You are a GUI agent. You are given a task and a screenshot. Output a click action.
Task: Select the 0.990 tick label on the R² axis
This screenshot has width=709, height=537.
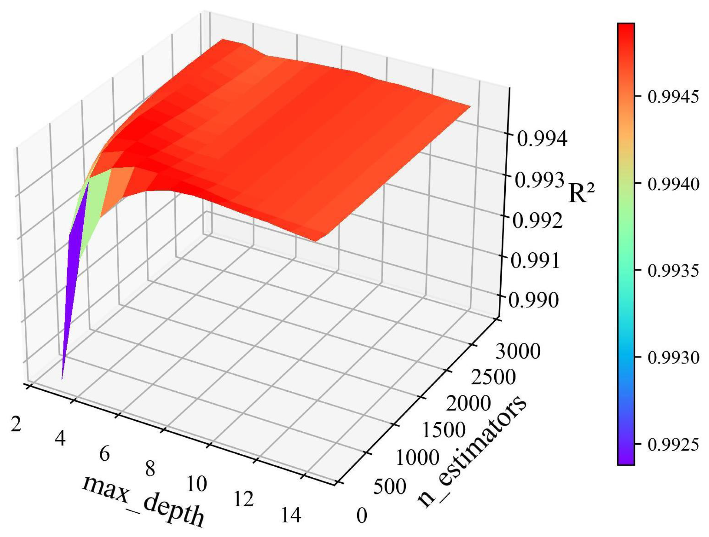pos(534,300)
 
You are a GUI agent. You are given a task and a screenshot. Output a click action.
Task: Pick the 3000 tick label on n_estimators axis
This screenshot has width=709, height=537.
pos(518,351)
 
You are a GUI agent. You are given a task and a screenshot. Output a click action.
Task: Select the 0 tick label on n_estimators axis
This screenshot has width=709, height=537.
pos(362,515)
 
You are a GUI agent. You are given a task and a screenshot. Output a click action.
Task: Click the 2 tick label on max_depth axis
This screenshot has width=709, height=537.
pos(16,424)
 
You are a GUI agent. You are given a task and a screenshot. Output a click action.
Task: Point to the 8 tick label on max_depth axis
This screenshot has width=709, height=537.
pos(150,469)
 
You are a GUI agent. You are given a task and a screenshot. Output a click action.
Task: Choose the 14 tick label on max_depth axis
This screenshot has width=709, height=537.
pos(291,515)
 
